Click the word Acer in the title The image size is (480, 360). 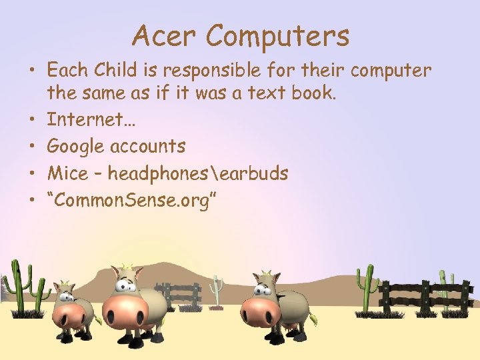(x=163, y=36)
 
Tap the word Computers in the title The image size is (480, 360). (x=277, y=37)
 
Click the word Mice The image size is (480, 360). (x=67, y=173)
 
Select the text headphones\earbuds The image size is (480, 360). (x=198, y=173)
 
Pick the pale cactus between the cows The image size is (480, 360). (x=215, y=291)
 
